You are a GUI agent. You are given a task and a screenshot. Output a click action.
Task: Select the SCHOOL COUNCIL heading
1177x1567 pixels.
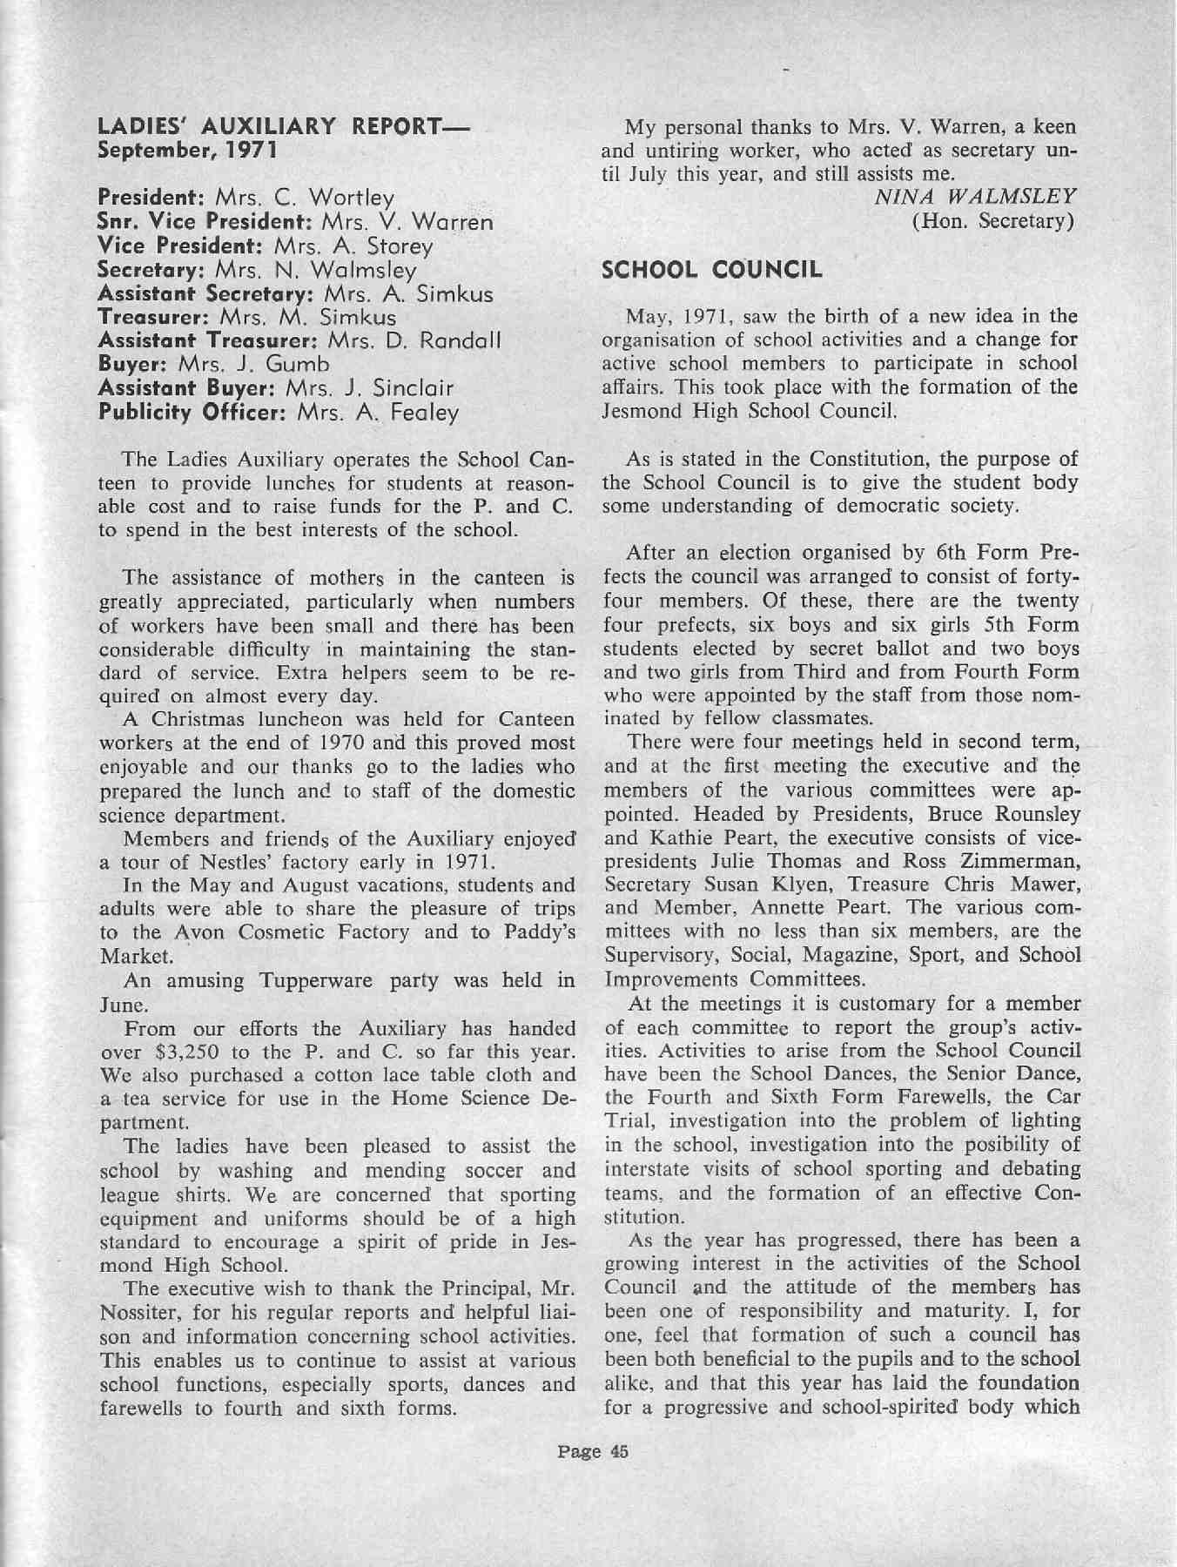pyautogui.click(x=712, y=270)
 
